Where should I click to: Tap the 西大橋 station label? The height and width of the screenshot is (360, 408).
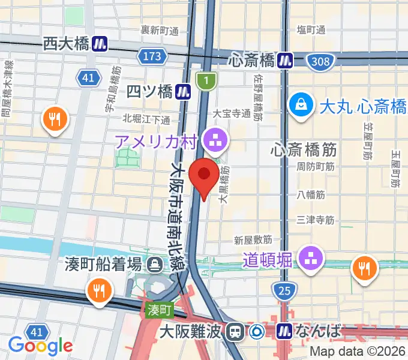[x=66, y=43]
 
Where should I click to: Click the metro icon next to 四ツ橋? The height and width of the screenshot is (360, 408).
[x=184, y=91]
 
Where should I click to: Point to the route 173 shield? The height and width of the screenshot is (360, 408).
[x=151, y=57]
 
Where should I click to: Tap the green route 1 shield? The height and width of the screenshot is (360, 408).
[x=206, y=80]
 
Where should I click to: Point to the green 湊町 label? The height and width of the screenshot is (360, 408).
[x=158, y=310]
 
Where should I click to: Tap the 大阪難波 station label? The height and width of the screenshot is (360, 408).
[x=197, y=331]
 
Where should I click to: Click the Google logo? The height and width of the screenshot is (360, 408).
[x=40, y=345]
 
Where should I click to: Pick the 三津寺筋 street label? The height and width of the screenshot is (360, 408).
[x=315, y=220]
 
